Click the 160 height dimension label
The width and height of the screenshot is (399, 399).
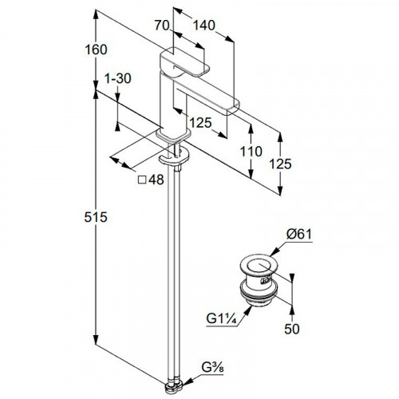(96, 49)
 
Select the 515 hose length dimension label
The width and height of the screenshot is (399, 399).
(96, 217)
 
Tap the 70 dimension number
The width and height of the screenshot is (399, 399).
(162, 26)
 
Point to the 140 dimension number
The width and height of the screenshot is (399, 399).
(203, 26)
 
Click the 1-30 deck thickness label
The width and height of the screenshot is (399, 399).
(118, 78)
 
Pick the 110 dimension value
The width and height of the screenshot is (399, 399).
(251, 152)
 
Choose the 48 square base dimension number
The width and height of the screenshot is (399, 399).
(156, 180)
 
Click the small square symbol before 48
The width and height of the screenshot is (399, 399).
(142, 180)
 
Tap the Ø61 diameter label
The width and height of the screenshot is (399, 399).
(299, 235)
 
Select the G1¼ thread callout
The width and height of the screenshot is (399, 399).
(221, 318)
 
